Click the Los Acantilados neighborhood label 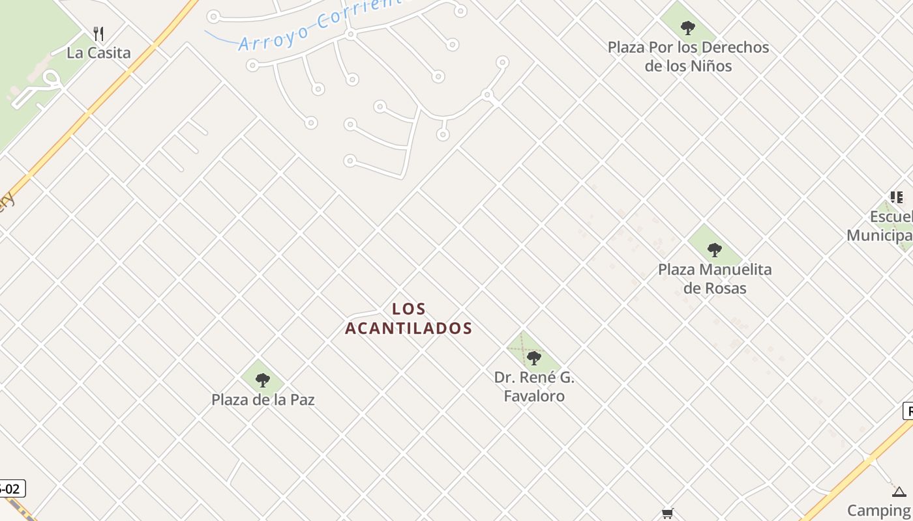(x=408, y=318)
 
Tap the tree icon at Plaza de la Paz (x=262, y=380)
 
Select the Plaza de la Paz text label (x=263, y=400)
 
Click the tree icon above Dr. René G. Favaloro (x=533, y=358)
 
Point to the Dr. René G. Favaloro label (x=534, y=387)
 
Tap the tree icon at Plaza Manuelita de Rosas (x=714, y=249)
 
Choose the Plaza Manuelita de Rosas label (x=715, y=279)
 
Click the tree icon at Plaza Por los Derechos (x=687, y=27)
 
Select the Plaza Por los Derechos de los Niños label (x=688, y=57)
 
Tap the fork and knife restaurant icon (x=98, y=34)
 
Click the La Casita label (x=98, y=53)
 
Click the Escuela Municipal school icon (x=897, y=197)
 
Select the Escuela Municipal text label (x=880, y=226)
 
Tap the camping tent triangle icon (x=899, y=492)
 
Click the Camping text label (x=879, y=510)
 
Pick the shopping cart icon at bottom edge (x=667, y=514)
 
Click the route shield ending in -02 (x=11, y=488)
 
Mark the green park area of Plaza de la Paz (x=251, y=374)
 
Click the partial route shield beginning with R (x=908, y=411)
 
